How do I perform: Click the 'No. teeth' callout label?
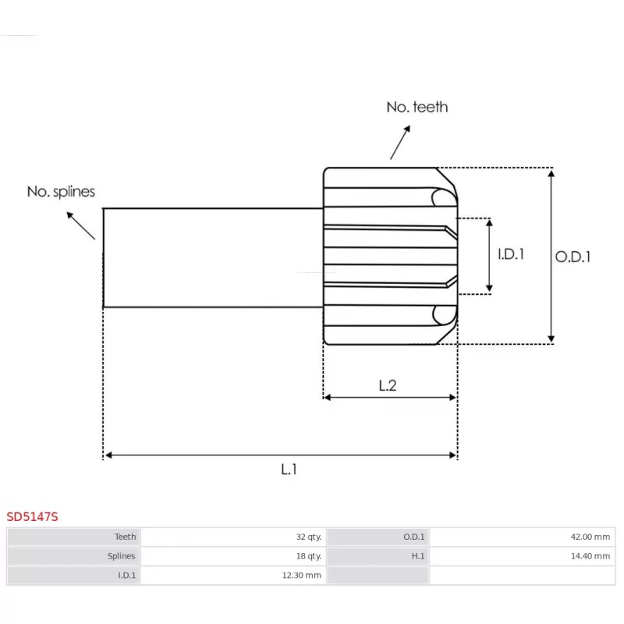click(x=417, y=107)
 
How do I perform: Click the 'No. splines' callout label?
click(x=61, y=191)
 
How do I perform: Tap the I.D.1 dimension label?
click(x=511, y=254)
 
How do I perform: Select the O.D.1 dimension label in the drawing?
click(x=573, y=257)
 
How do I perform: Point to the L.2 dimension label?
click(x=388, y=385)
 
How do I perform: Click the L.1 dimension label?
click(x=289, y=469)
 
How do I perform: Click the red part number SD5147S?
click(x=32, y=516)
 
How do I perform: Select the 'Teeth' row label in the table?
click(x=125, y=537)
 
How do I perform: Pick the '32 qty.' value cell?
click(x=308, y=537)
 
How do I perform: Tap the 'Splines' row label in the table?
click(x=122, y=556)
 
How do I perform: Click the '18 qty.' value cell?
click(x=308, y=556)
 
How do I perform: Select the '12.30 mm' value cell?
click(x=303, y=576)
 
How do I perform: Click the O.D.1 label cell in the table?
click(x=413, y=537)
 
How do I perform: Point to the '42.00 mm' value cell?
click(x=590, y=537)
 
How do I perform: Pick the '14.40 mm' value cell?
click(x=590, y=556)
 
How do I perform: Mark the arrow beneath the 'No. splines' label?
click(x=81, y=224)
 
